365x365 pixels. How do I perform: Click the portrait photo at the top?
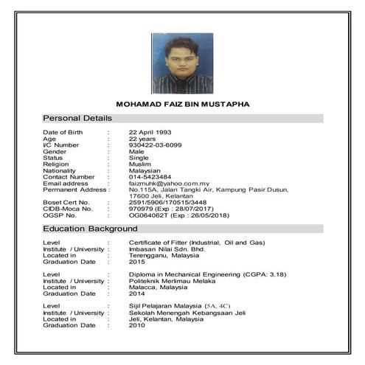[x=182, y=63]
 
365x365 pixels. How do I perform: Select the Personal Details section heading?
[x=77, y=118]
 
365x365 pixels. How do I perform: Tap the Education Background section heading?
[x=89, y=229]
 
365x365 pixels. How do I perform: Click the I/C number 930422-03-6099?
[x=156, y=145]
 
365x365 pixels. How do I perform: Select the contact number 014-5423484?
[x=150, y=177]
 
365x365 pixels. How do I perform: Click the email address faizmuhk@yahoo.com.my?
[x=170, y=184]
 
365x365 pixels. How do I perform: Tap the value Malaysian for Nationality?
[x=146, y=170]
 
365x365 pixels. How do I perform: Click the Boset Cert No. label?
[x=66, y=203]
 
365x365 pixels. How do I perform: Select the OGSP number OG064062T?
[x=146, y=216]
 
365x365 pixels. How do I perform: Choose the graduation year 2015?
[x=137, y=262]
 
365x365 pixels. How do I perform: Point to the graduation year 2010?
[x=137, y=325]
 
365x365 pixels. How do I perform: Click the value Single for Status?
[x=139, y=157]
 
